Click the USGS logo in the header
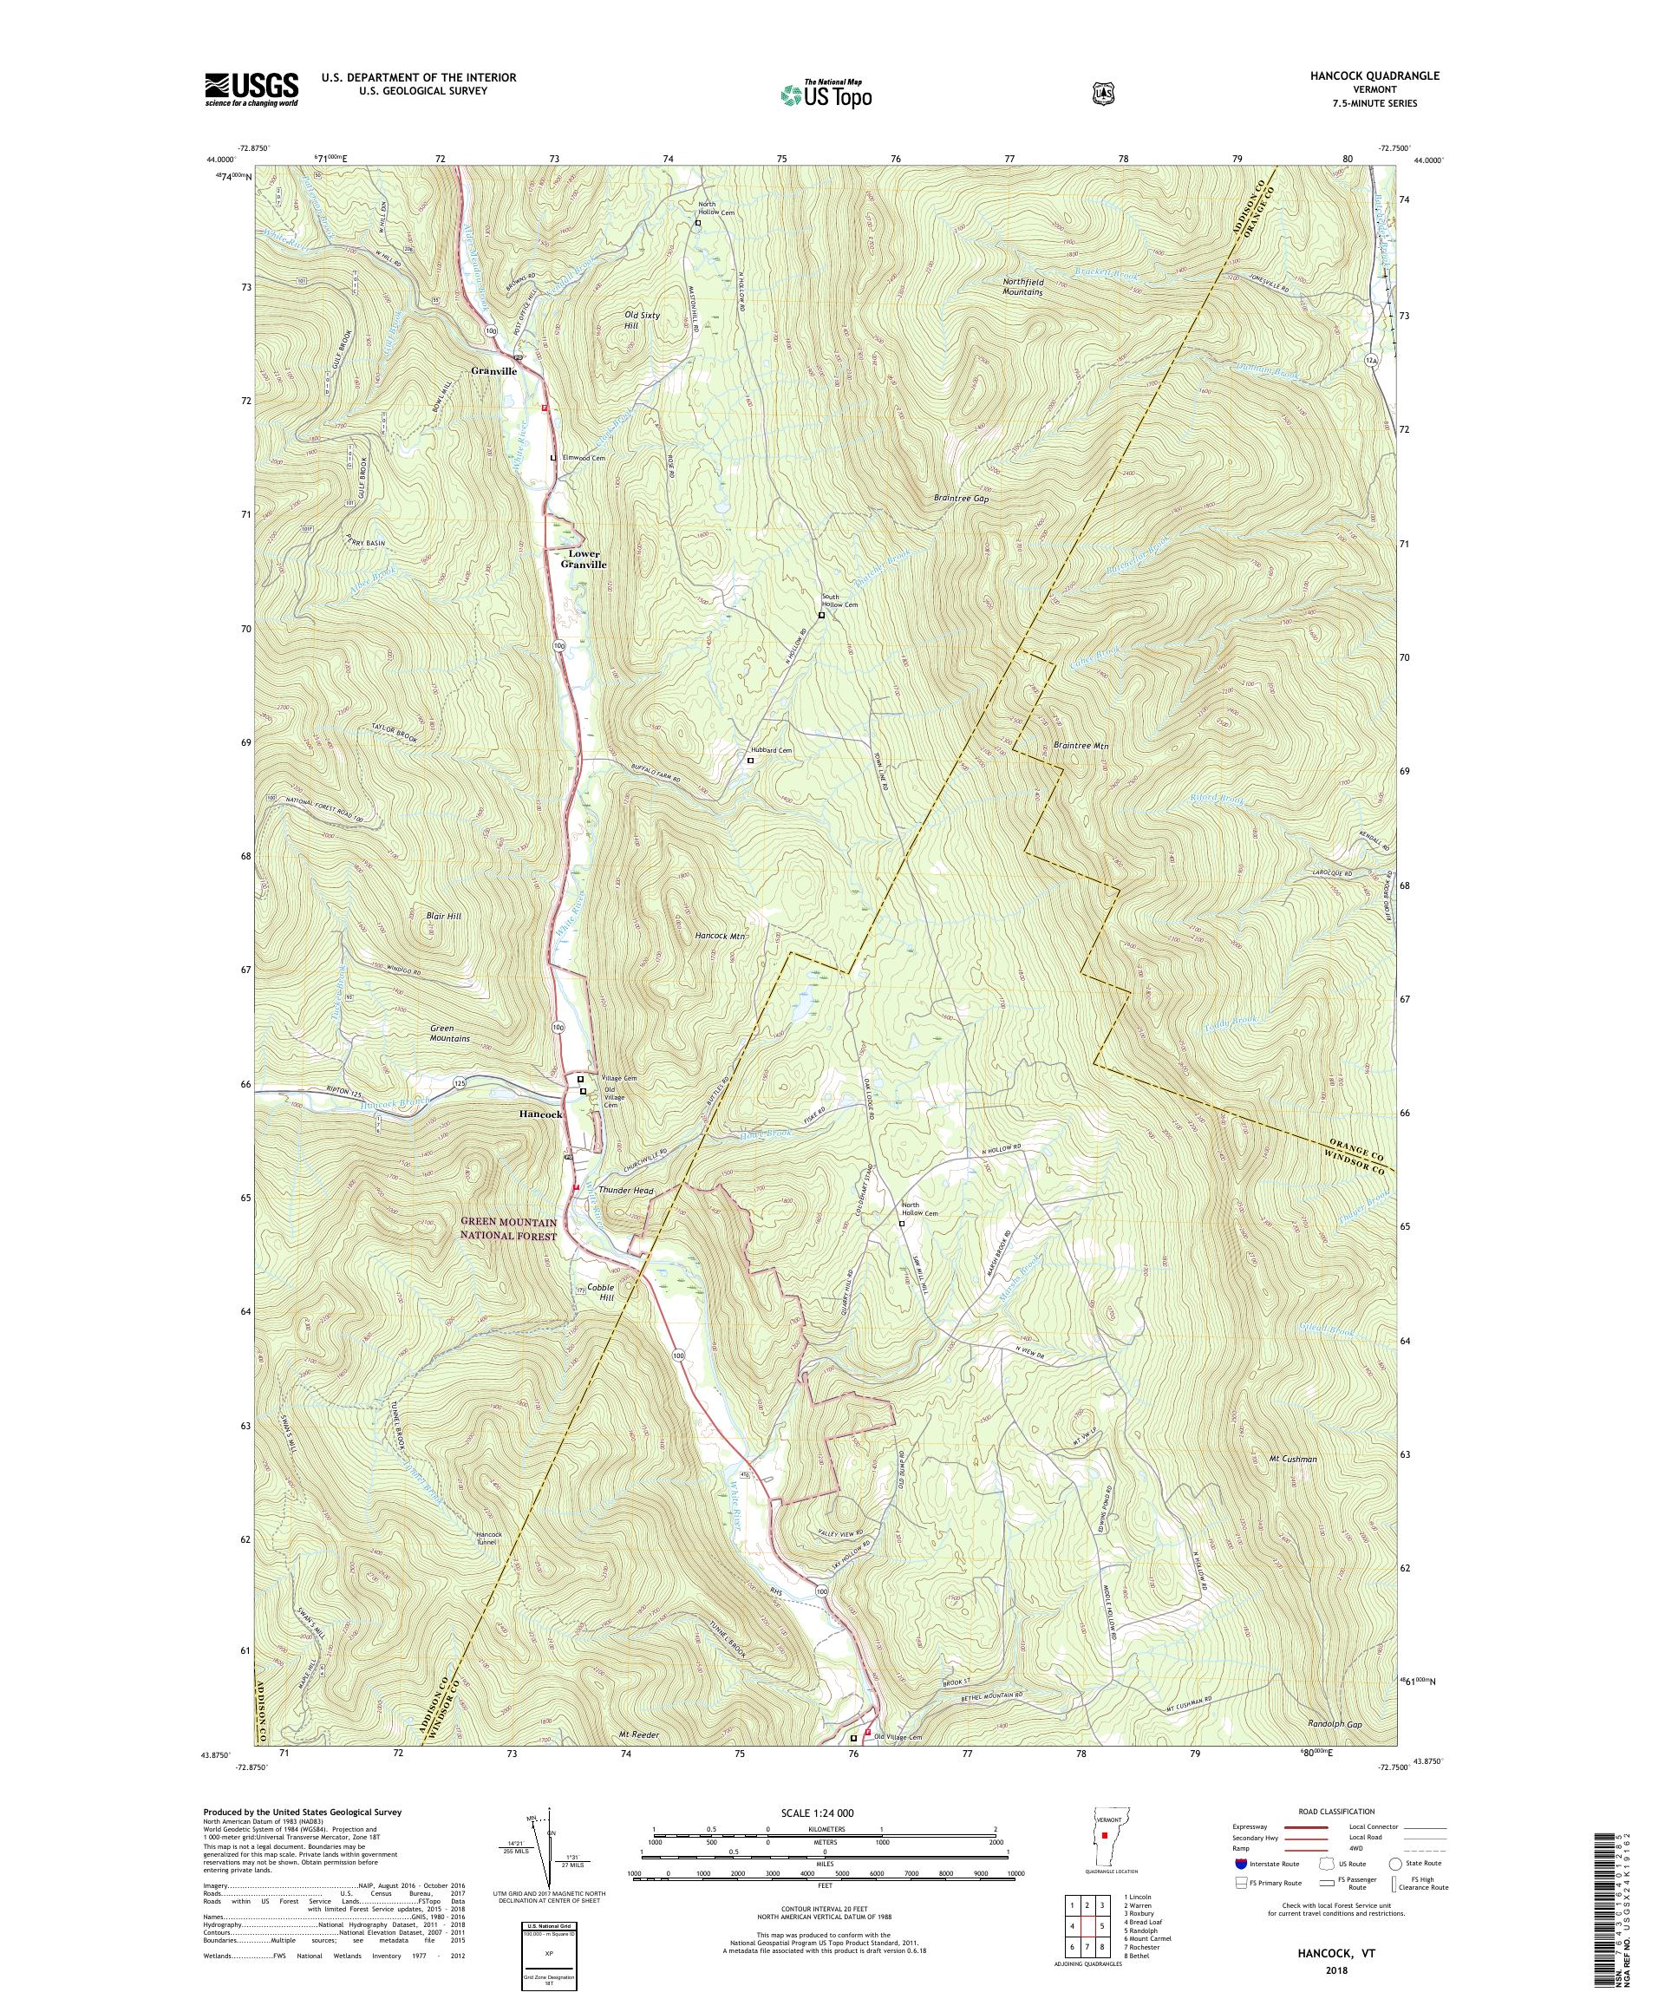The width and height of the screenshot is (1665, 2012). pyautogui.click(x=251, y=91)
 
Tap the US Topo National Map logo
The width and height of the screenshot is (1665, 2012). pyautogui.click(x=826, y=94)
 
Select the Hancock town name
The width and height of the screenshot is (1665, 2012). pyautogui.click(x=541, y=1115)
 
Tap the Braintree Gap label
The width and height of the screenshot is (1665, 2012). pyautogui.click(x=960, y=500)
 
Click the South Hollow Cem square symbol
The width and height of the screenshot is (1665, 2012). pyautogui.click(x=821, y=616)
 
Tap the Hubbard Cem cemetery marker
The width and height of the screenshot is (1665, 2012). pyautogui.click(x=750, y=760)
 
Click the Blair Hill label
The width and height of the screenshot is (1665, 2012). pyautogui.click(x=442, y=916)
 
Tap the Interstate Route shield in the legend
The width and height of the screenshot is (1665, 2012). pyautogui.click(x=1242, y=1892)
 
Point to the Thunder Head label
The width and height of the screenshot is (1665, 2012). pyautogui.click(x=624, y=1190)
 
